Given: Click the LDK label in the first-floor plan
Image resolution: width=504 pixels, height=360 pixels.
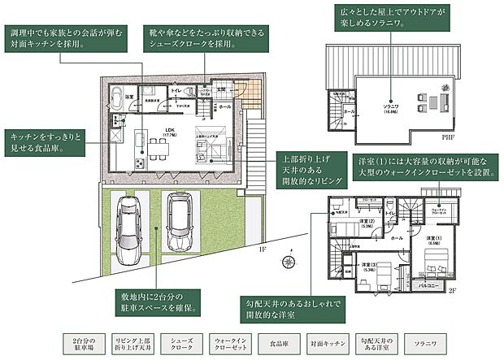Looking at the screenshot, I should click(x=170, y=130).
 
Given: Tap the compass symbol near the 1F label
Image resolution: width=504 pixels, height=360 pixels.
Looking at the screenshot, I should click(x=289, y=262).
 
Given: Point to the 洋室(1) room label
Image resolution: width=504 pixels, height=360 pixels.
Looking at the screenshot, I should click(x=434, y=236).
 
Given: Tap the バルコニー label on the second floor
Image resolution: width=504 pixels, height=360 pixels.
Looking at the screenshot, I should click(x=428, y=286).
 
